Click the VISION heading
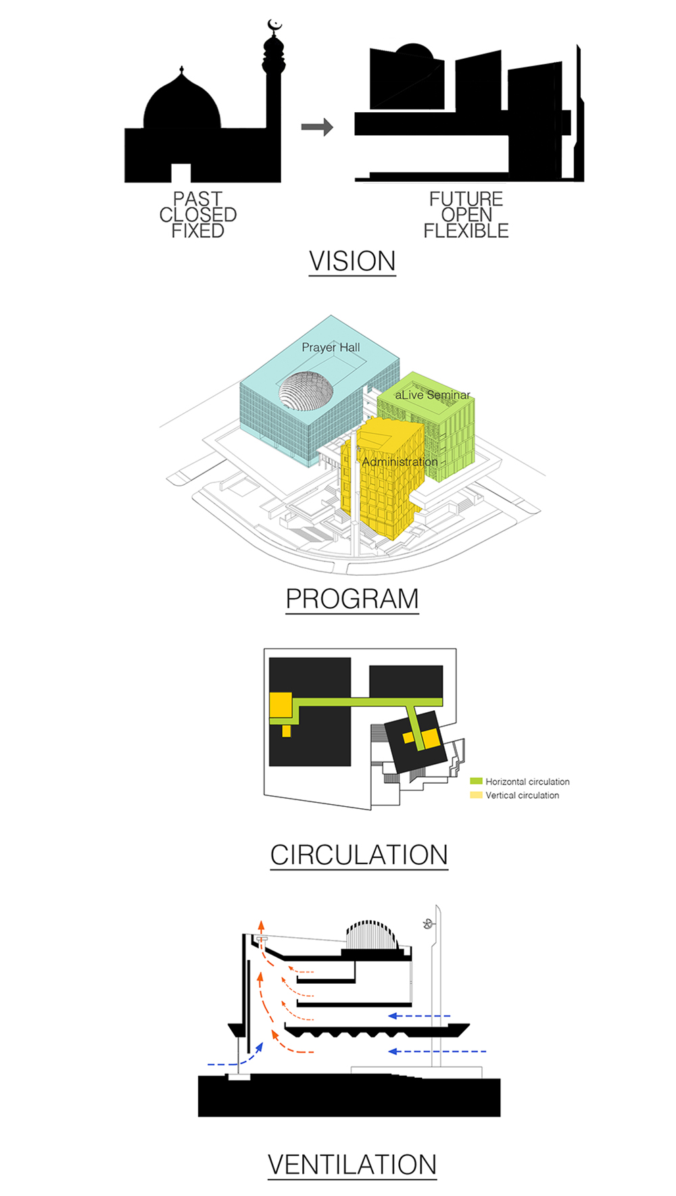352,261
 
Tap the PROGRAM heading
352,599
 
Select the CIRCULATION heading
359,855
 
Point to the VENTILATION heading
352,1165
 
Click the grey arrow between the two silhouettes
317,127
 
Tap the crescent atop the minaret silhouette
274,26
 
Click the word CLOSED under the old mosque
198,215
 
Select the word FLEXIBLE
466,231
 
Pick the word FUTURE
466,199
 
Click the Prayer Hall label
331,347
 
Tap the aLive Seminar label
433,395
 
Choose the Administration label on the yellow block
400,462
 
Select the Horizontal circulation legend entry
520,782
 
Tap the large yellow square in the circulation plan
281,704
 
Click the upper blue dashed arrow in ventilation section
419,1016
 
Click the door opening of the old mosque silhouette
180,173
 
